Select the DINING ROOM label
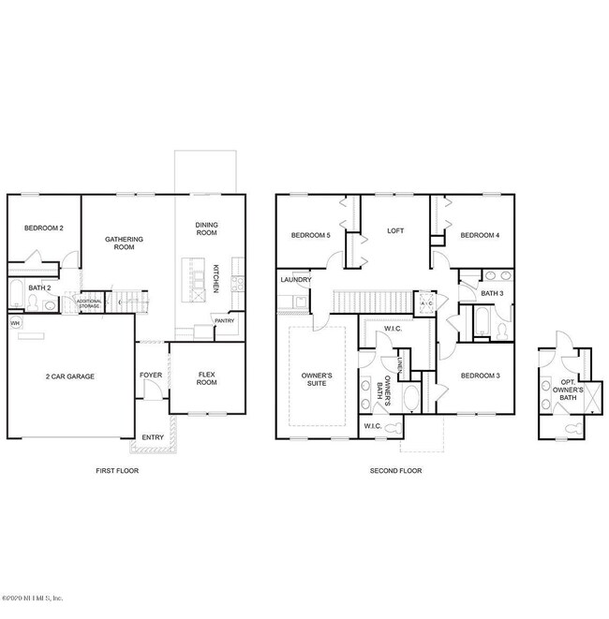(x=206, y=228)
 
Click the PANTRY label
(x=224, y=320)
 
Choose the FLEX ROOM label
(x=207, y=378)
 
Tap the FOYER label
(x=150, y=376)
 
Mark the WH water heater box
(x=15, y=323)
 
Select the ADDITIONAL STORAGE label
(x=90, y=303)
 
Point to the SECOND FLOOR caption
(x=395, y=470)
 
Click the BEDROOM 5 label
(x=309, y=235)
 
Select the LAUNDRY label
(x=295, y=280)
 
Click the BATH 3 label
(x=492, y=293)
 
